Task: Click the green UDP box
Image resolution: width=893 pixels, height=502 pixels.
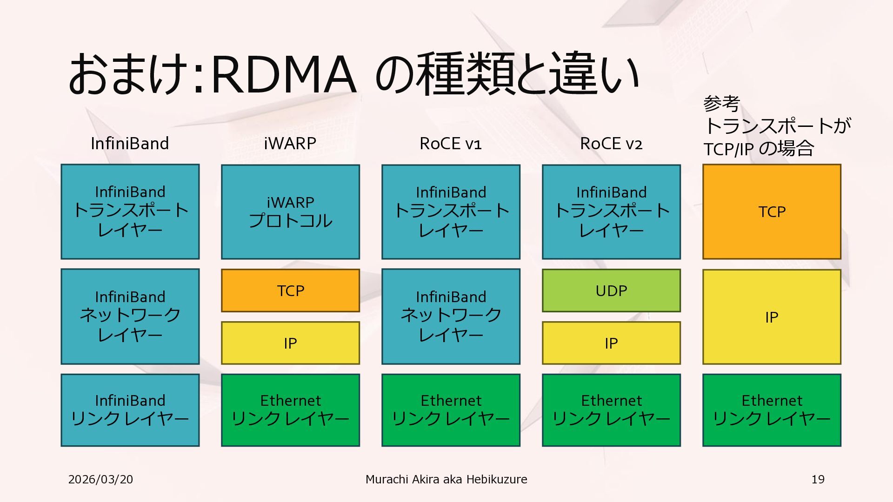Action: coord(611,291)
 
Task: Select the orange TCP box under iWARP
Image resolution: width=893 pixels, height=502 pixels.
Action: coord(290,291)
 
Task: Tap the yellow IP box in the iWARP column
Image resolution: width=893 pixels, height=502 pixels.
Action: coord(290,343)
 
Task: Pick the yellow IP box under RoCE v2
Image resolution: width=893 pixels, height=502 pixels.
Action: coord(611,343)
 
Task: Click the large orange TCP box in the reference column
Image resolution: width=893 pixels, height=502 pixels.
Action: coord(772,211)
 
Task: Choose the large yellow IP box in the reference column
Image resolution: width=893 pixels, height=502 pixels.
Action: coord(772,317)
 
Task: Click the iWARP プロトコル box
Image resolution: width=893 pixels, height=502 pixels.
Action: coord(290,211)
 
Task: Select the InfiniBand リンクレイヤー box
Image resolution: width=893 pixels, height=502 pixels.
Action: coord(130,410)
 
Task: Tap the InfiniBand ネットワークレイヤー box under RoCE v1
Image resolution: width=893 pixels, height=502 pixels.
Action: coord(451,316)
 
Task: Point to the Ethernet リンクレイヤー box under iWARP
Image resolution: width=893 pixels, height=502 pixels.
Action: coord(290,410)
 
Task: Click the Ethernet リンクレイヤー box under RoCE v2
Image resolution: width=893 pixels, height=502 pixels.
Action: coord(611,410)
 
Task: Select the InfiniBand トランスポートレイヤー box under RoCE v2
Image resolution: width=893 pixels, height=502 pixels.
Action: coord(611,211)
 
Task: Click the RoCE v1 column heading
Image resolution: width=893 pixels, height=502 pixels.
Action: coord(450,144)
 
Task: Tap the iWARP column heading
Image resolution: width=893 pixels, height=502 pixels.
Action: coord(290,144)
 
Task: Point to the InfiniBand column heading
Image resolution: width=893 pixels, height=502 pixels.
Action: coord(130,144)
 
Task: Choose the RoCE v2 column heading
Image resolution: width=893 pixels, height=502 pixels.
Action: coord(611,144)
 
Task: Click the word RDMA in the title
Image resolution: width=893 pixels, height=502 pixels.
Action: coord(283,74)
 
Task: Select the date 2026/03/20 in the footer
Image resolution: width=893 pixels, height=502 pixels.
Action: coord(100,479)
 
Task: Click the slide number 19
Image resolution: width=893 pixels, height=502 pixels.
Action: coord(818,479)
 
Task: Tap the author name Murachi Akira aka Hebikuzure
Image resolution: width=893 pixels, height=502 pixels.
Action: coord(446,479)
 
